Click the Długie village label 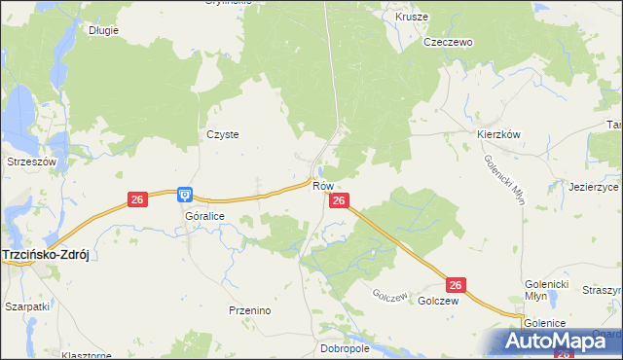(x=103, y=30)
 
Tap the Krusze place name (x=412, y=18)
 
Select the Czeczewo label (x=447, y=43)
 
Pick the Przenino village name (x=249, y=310)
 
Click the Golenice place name (x=545, y=322)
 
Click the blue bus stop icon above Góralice (x=185, y=195)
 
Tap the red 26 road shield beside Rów (x=338, y=200)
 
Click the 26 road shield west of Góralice (x=136, y=199)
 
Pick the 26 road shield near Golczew (x=457, y=285)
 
